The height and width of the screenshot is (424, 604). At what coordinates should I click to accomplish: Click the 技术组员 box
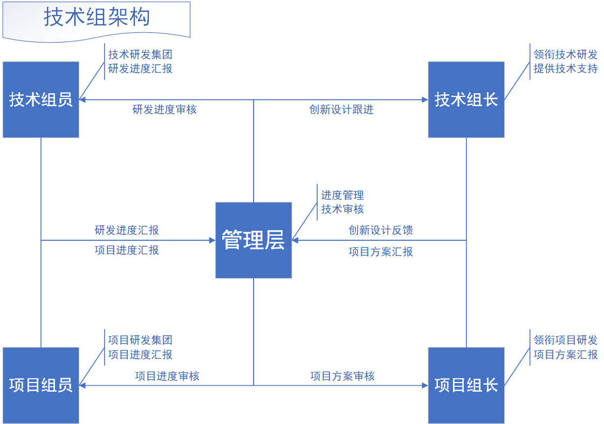coord(41,100)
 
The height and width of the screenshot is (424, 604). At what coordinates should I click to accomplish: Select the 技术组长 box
coord(466,100)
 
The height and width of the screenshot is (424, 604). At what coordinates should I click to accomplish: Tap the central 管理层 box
coord(253,240)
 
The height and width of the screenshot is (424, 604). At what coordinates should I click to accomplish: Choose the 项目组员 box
coord(41,385)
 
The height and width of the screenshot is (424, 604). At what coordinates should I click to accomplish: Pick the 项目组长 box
coord(466,385)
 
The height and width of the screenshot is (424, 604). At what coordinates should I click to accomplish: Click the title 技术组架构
coord(97,17)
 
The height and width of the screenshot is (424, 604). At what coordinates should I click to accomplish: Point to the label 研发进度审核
coord(164,110)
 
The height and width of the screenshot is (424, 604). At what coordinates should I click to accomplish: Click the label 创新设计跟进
coord(341,110)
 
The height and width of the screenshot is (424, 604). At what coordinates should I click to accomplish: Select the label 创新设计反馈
coord(381,230)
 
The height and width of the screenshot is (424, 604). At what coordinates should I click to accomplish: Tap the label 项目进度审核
coord(167,376)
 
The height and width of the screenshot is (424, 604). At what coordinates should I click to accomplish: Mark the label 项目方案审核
coord(342,376)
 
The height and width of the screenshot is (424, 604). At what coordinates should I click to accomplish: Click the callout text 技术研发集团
coord(140,54)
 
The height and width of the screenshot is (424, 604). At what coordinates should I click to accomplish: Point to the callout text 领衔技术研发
coord(566,54)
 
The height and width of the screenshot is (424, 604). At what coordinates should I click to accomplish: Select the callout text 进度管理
coord(342,195)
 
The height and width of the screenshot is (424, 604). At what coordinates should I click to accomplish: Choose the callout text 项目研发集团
coord(140,340)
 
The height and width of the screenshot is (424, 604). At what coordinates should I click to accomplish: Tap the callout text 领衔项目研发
coord(566,340)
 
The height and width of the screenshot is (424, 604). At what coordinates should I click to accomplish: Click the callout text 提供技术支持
coord(566,68)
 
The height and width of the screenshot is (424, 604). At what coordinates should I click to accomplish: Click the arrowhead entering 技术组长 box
coord(425,100)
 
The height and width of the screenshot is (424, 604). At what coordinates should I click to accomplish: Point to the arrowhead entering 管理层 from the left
coord(212,240)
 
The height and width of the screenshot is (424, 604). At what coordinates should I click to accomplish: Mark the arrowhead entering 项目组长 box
coord(425,385)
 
